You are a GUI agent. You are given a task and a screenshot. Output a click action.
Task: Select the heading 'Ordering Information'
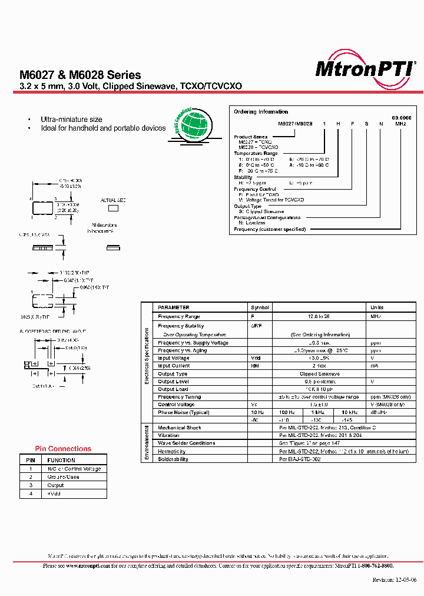[261, 112]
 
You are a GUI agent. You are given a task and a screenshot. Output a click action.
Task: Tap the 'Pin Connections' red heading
[63, 449]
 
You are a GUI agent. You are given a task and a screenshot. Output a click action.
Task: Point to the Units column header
[377, 307]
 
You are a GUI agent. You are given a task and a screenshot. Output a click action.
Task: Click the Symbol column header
[260, 307]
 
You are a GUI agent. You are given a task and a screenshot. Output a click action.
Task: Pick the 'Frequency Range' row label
[179, 317]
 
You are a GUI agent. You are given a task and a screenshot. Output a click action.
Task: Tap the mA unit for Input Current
[373, 366]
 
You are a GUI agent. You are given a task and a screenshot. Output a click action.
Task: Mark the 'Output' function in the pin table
[56, 485]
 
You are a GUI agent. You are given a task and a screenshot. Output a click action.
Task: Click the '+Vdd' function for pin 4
[54, 494]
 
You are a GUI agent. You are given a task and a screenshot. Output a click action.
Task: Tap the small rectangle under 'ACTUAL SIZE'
[112, 208]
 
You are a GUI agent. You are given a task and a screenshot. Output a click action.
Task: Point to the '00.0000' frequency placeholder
[402, 118]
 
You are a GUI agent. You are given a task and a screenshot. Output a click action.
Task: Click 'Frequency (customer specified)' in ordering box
[270, 229]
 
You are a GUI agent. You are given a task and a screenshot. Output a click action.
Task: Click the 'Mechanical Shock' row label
[180, 428]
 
